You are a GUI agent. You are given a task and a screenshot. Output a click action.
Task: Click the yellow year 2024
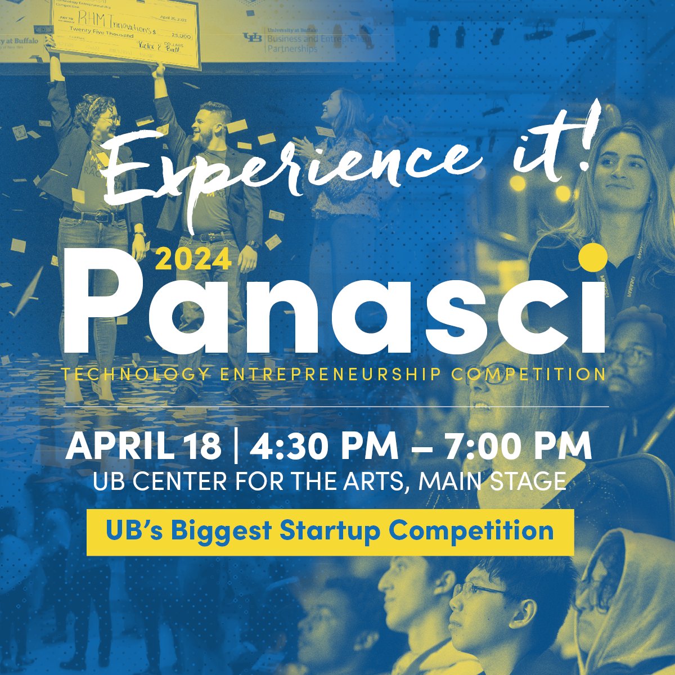(x=193, y=259)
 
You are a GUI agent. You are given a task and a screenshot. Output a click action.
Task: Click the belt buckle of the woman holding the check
(x=102, y=217)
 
